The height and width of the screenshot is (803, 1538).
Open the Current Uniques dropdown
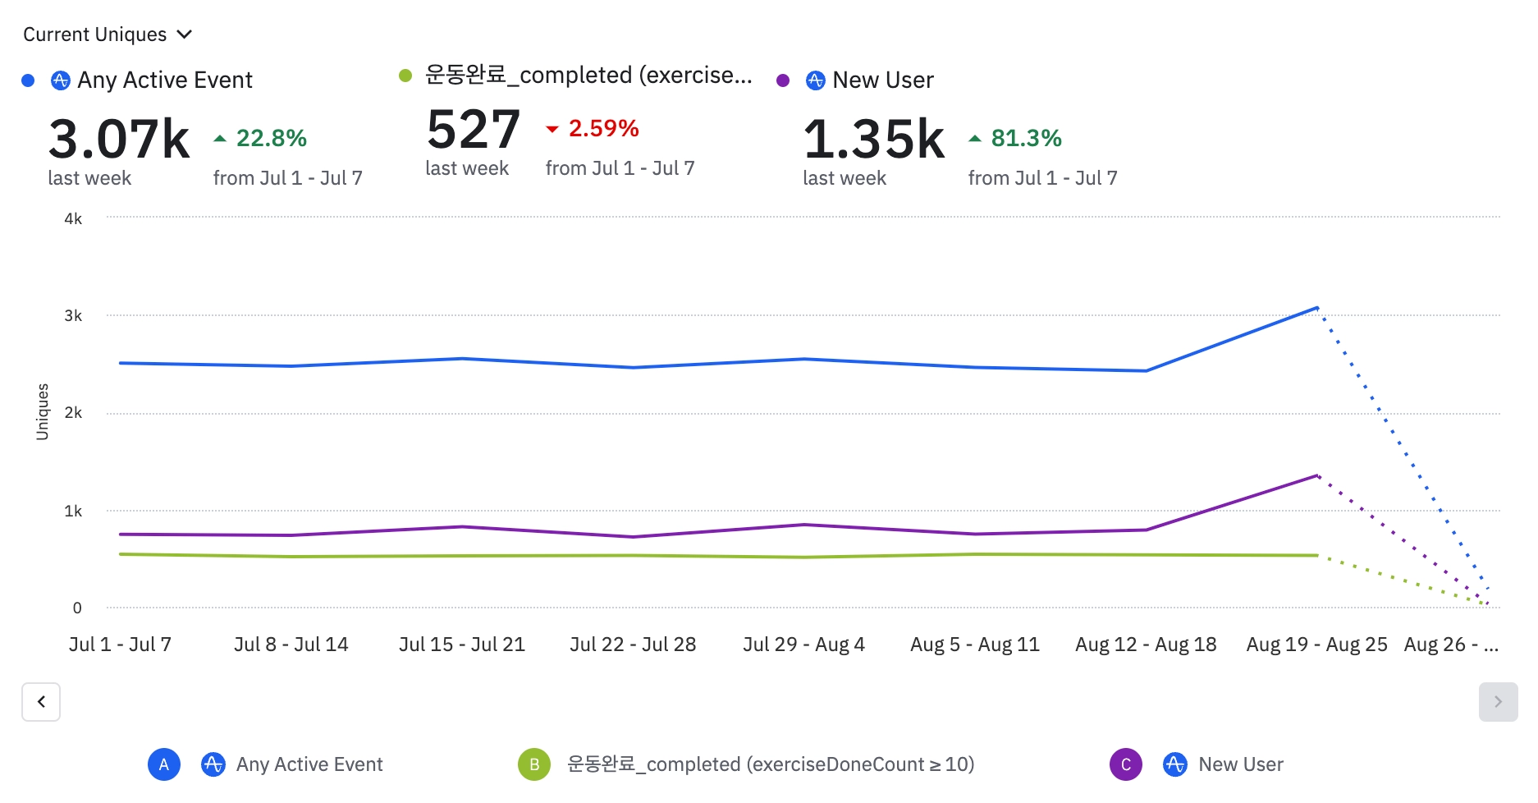point(108,34)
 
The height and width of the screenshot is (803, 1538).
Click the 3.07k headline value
point(119,139)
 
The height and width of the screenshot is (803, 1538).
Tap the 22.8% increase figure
point(270,138)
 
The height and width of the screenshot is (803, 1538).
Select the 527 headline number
point(474,130)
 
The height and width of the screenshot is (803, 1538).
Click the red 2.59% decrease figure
point(602,128)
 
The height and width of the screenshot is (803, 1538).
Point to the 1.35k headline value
point(874,139)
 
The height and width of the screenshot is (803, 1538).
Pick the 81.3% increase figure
point(1025,138)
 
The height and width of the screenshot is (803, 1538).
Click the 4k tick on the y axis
point(73,218)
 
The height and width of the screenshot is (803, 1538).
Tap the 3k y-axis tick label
point(73,316)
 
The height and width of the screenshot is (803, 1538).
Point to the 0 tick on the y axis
point(77,608)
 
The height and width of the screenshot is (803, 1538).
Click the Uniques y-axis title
point(43,411)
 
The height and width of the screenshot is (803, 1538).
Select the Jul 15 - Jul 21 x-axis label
point(462,645)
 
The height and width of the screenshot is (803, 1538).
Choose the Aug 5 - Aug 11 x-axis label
point(975,645)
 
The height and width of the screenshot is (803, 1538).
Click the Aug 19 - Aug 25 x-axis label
point(1316,645)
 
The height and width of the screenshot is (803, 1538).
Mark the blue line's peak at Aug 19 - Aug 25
point(1316,308)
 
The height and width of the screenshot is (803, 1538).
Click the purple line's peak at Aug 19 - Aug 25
point(1316,475)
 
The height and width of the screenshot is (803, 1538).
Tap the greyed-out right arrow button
point(1498,702)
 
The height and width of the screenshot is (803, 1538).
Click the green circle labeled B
point(534,764)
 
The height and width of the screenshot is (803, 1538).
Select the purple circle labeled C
point(1126,764)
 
